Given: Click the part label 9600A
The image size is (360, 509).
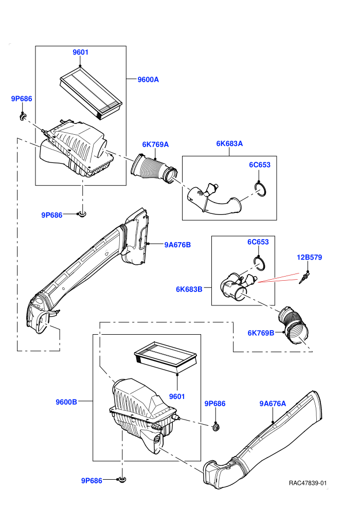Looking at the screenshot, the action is pyautogui.click(x=148, y=80).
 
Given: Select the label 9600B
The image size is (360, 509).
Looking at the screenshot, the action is pyautogui.click(x=66, y=402).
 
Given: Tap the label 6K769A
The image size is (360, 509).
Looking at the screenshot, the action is pyautogui.click(x=155, y=144).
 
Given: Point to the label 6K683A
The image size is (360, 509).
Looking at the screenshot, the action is pyautogui.click(x=229, y=143).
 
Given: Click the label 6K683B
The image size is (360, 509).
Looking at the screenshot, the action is pyautogui.click(x=189, y=289).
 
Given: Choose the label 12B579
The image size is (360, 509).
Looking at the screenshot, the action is pyautogui.click(x=309, y=258).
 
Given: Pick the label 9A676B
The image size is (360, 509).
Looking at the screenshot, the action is pyautogui.click(x=177, y=245).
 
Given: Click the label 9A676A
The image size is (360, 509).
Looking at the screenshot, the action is pyautogui.click(x=273, y=404).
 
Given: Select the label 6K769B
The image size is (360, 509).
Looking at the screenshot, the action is pyautogui.click(x=261, y=333).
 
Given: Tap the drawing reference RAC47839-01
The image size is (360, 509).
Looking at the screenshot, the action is pyautogui.click(x=308, y=483).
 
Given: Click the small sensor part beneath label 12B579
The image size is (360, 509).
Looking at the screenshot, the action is pyautogui.click(x=304, y=278).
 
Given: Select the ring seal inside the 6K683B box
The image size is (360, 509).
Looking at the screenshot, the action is pyautogui.click(x=260, y=263).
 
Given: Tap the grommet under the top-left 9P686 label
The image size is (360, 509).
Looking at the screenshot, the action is pyautogui.click(x=23, y=116).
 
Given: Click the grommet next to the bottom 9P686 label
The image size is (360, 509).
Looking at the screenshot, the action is pyautogui.click(x=122, y=480).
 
